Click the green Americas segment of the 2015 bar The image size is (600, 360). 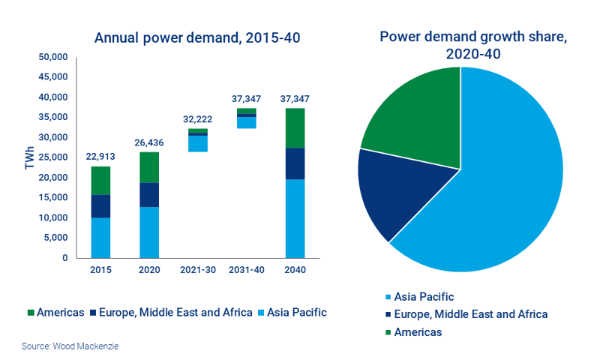coord(100,181)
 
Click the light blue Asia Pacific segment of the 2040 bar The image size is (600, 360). coord(295,218)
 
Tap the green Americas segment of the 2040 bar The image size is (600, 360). coord(295,128)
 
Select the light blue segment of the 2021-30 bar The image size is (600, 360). coord(197,143)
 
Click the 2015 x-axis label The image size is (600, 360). coord(100,270)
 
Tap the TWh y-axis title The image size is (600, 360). coord(30,157)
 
